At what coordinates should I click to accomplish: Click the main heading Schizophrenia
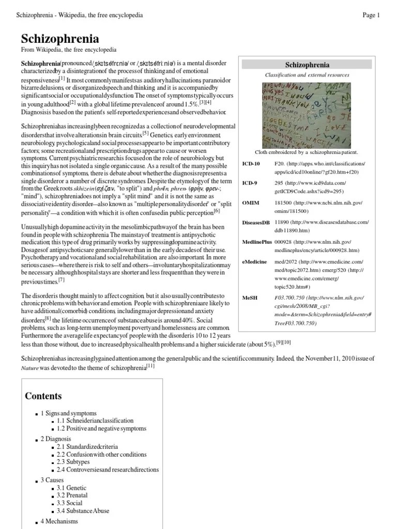(x=60, y=39)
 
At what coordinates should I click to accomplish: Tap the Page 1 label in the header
(x=371, y=15)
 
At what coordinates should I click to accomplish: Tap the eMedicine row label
(x=255, y=261)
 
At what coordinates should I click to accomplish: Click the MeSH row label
(x=251, y=298)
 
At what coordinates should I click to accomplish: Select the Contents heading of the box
(x=44, y=396)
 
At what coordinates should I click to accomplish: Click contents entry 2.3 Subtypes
(x=73, y=461)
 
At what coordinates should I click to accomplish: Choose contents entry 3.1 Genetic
(x=72, y=487)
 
